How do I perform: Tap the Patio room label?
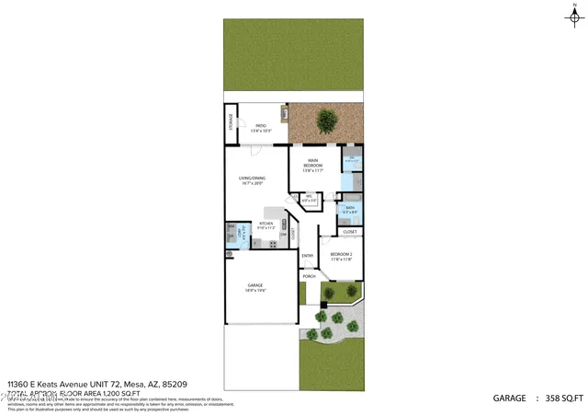261,128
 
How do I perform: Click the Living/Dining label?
252,181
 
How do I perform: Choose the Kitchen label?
266,225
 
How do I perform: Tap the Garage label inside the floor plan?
255,288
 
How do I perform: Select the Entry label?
308,256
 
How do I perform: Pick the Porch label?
309,276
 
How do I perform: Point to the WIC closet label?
310,197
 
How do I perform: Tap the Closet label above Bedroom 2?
350,232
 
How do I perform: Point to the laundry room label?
242,234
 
